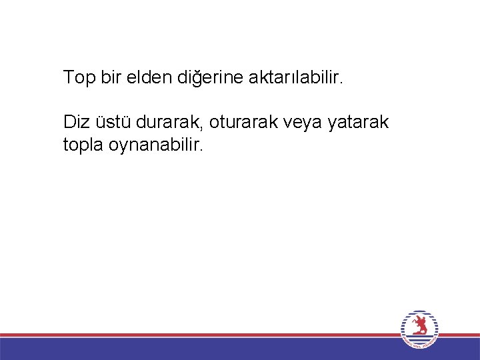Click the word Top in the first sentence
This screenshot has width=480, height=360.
pos(79,78)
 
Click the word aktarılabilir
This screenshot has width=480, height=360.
pos(295,78)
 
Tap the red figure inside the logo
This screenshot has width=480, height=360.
pos(419,326)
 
